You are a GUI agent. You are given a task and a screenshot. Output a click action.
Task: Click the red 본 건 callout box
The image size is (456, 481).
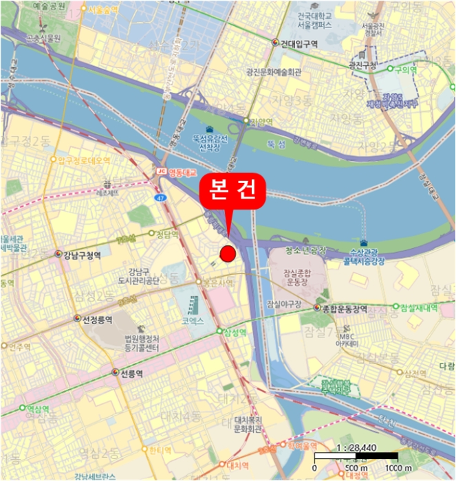pos(232,192)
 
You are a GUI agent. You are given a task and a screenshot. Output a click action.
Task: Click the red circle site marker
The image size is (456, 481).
pos(228,254)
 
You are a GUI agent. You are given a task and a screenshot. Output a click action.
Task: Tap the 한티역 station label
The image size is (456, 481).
pos(160,450)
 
